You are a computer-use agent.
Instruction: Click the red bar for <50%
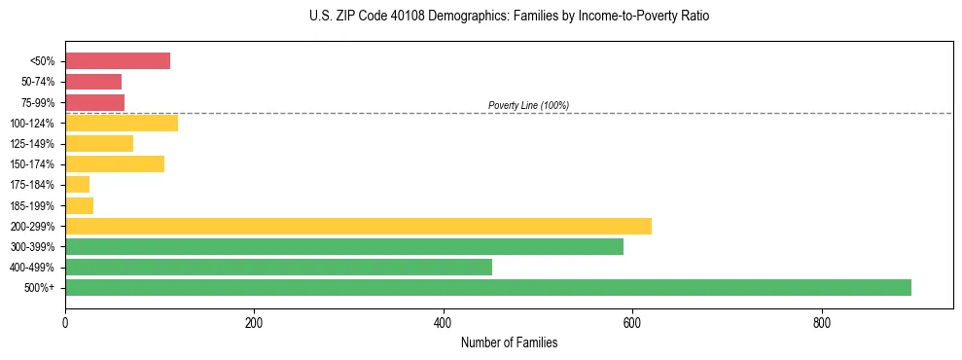[118, 61]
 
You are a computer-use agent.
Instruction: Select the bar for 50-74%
[93, 82]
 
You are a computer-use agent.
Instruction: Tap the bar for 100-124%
[122, 123]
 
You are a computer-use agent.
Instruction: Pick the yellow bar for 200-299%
[358, 226]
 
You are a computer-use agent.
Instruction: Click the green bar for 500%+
[488, 287]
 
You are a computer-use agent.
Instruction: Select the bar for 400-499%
[278, 267]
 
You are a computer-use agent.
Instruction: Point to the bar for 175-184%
[78, 184]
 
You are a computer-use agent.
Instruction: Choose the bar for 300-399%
[344, 246]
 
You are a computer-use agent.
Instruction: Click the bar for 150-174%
[115, 163]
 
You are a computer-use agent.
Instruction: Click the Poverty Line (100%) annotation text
[528, 105]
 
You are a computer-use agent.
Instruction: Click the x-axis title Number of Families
[509, 342]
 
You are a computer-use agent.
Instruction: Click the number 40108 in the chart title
[379, 17]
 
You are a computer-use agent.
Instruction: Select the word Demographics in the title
[431, 17]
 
